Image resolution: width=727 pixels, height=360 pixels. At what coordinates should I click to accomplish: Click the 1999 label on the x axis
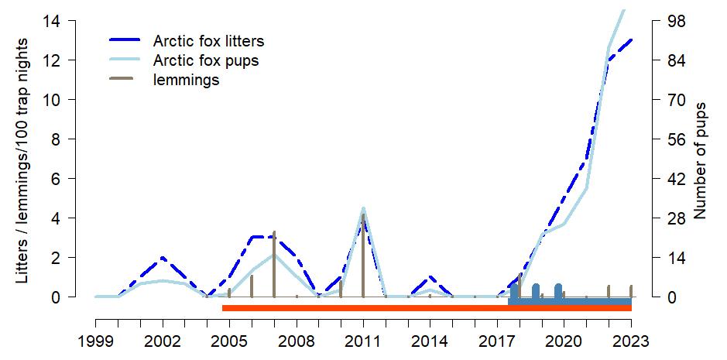pyautogui.click(x=96, y=341)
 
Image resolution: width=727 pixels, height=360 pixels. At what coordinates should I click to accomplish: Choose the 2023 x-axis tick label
pyautogui.click(x=631, y=341)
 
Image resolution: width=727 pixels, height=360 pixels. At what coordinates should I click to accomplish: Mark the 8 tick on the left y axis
pyautogui.click(x=67, y=139)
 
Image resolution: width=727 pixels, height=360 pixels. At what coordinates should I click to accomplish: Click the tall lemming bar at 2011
pyautogui.click(x=363, y=255)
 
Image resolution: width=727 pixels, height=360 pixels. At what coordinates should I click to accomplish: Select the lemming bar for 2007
pyautogui.click(x=274, y=263)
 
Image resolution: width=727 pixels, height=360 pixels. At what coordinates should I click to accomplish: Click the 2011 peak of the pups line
pyautogui.click(x=363, y=208)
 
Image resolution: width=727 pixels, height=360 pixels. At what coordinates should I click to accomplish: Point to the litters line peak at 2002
pyautogui.click(x=163, y=258)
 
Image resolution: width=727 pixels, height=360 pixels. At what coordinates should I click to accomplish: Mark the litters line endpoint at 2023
pyautogui.click(x=631, y=40)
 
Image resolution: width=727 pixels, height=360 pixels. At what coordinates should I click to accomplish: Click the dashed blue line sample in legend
pyautogui.click(x=129, y=41)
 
